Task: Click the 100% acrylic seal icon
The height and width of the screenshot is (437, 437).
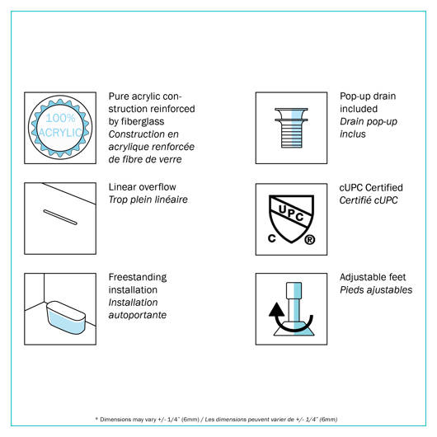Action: (x=60, y=127)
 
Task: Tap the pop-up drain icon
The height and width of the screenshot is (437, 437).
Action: (x=291, y=128)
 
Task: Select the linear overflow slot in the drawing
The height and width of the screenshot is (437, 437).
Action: (x=60, y=217)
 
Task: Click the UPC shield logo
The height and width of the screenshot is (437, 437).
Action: (x=291, y=219)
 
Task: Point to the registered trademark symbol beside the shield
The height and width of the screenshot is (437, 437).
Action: (x=310, y=239)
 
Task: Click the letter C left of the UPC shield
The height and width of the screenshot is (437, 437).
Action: (x=272, y=238)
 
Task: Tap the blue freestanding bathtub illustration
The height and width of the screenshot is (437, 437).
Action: (x=66, y=317)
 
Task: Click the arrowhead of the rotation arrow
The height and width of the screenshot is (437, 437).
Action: (x=276, y=310)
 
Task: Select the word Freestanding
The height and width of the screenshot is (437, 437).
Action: (x=138, y=277)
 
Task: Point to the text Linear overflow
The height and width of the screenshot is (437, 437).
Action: (x=142, y=187)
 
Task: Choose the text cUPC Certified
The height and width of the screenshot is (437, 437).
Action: (x=371, y=187)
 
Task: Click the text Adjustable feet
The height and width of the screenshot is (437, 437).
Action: (x=373, y=277)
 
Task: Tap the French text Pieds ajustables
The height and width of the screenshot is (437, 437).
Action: (x=376, y=290)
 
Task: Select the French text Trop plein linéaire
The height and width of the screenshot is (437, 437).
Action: (x=148, y=200)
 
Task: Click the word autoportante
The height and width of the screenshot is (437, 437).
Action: (x=138, y=315)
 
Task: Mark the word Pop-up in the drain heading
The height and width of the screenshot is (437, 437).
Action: (x=355, y=96)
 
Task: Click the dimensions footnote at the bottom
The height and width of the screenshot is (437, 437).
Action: (x=216, y=419)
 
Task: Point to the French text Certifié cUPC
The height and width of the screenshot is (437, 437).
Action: (x=369, y=200)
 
